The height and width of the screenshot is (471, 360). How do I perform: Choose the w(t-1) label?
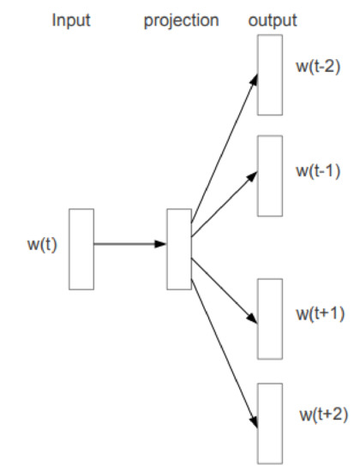click(318, 170)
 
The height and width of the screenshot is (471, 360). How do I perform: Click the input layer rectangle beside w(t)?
click(81, 248)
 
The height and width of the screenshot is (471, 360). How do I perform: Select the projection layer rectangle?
click(179, 248)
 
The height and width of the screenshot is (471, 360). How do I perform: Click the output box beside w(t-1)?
click(269, 176)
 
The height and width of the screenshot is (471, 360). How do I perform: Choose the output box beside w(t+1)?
click(269, 319)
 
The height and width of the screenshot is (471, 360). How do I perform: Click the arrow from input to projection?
click(129, 244)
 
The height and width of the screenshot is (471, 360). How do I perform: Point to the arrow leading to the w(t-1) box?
click(225, 200)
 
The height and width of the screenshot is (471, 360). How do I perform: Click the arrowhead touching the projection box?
click(161, 244)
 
